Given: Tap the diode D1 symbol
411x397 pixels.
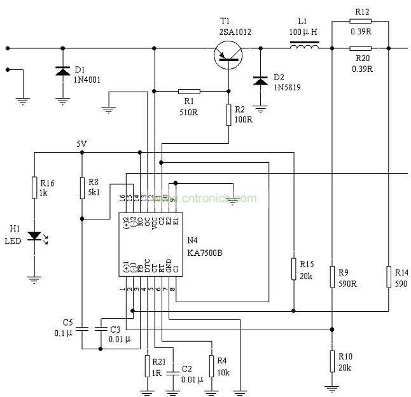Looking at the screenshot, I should point(62,70).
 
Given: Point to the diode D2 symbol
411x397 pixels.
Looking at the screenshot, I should point(260,80).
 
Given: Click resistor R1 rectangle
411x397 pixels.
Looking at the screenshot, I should point(189,91).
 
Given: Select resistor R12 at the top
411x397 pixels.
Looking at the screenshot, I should point(361,22).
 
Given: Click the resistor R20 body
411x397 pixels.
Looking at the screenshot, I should point(361,48).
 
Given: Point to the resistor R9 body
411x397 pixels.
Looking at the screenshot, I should point(332,277).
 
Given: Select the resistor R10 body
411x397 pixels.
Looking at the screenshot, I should point(332,361).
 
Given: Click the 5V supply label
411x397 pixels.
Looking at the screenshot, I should point(81,144).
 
